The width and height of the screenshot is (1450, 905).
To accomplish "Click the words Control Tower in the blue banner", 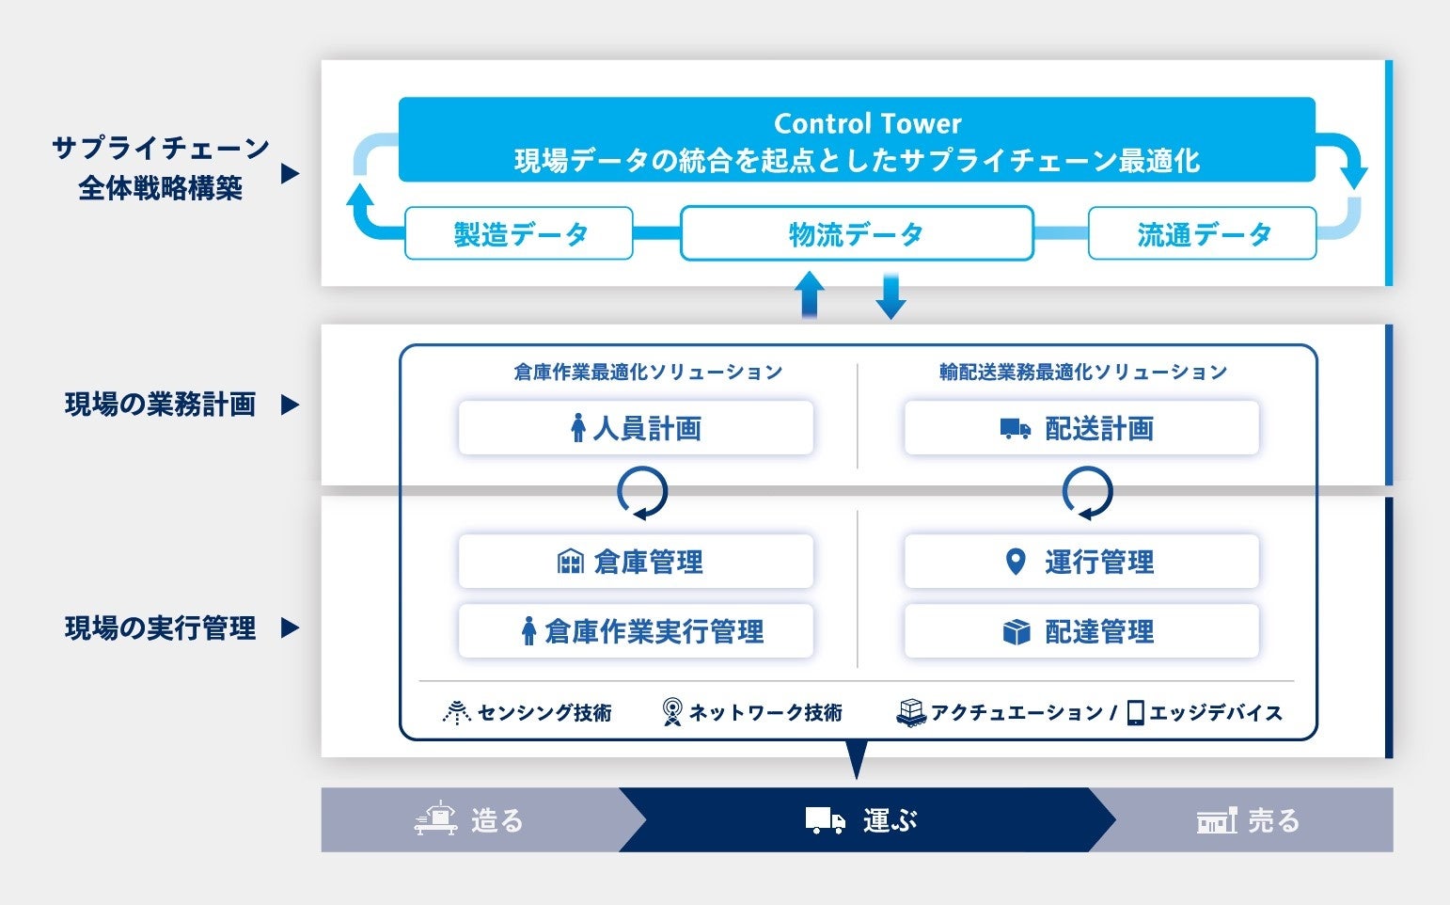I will pyautogui.click(x=867, y=123).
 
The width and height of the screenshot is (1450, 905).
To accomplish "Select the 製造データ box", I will pyautogui.click(x=519, y=233).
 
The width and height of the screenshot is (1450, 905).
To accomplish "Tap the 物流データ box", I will pyautogui.click(x=857, y=233).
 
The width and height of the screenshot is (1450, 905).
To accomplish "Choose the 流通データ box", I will pyautogui.click(x=1202, y=233).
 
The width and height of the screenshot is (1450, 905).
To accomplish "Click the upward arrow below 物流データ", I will pyautogui.click(x=810, y=295).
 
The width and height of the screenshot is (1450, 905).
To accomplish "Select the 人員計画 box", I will pyautogui.click(x=636, y=429).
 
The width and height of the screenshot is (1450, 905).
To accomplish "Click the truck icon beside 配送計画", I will pyautogui.click(x=1015, y=429).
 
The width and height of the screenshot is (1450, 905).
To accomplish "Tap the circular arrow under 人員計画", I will pyautogui.click(x=642, y=493).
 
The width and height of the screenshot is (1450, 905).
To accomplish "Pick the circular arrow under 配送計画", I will pyautogui.click(x=1087, y=493).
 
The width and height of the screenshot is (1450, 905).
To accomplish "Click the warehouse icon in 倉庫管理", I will pyautogui.click(x=571, y=562).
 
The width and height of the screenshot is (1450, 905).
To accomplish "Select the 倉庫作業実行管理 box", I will pyautogui.click(x=636, y=631).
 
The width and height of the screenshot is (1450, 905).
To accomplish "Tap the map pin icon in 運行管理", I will pyautogui.click(x=1015, y=562).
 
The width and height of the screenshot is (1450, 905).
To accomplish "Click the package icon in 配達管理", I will pyautogui.click(x=1017, y=632).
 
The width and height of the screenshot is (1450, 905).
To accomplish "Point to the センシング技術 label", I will pyautogui.click(x=544, y=713).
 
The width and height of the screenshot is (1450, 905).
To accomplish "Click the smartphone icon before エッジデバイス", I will pyautogui.click(x=1135, y=713).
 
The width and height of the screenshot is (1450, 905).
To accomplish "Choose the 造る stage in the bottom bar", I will pyautogui.click(x=470, y=820).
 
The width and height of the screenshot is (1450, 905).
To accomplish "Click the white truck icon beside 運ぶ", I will pyautogui.click(x=825, y=820).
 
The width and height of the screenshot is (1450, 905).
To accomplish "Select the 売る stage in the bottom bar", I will pyautogui.click(x=1248, y=820).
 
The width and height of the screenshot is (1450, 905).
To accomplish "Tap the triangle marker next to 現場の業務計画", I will pyautogui.click(x=291, y=405).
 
